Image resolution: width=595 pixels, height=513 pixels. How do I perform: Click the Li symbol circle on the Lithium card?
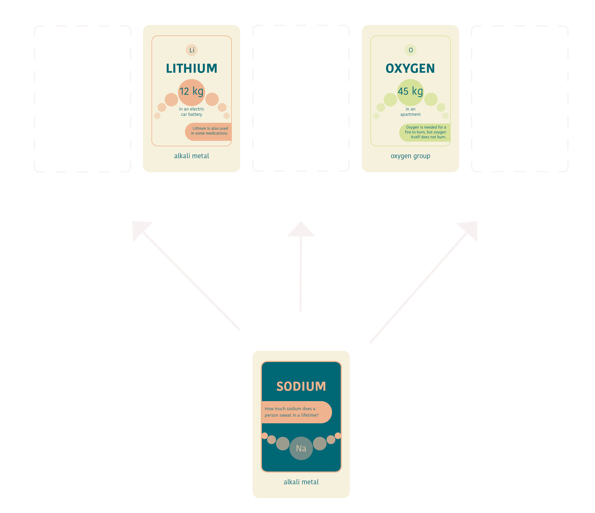192,50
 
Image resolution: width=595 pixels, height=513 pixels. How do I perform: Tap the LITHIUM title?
192,68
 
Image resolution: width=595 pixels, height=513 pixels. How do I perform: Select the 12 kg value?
192,91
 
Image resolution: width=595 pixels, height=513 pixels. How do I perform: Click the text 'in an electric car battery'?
192,112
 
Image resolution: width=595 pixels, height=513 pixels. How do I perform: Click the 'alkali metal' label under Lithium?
192,156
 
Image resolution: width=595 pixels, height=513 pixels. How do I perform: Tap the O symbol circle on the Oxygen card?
411,50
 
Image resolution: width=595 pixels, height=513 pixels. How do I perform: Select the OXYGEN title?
410,68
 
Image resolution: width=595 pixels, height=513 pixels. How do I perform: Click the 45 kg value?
410,91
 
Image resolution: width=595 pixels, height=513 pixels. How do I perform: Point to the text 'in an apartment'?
410,112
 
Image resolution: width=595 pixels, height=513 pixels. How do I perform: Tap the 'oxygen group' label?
410,156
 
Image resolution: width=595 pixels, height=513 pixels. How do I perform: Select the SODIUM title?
301,386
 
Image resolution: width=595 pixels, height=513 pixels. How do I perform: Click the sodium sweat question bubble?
296,412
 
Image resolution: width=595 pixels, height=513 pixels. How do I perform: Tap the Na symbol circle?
301,448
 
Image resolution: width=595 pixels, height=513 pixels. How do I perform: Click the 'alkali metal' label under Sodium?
301,482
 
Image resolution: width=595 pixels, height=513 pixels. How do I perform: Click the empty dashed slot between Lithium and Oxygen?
301,98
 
